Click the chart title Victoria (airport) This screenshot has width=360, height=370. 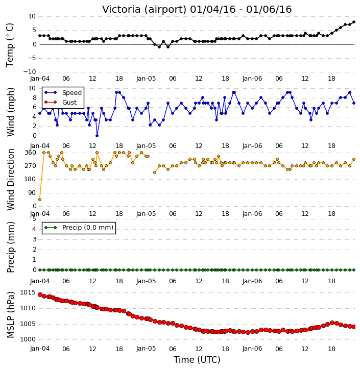coord(144,10)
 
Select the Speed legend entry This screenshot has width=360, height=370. coord(63,93)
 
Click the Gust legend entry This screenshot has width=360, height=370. coord(61,103)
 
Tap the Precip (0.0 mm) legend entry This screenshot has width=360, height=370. coord(79,228)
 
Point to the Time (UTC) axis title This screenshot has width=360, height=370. coord(197,360)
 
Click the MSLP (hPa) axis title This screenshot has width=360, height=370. coord(10,315)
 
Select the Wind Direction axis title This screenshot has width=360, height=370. coord(10,180)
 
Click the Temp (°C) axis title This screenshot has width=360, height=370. coord(10,45)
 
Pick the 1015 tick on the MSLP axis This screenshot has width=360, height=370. coord(28,293)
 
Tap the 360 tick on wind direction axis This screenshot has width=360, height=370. coord(31,153)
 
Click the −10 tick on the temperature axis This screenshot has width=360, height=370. coord(30,72)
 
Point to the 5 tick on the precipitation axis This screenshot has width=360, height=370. coord(34,219)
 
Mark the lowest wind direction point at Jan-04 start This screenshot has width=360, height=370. coord(40,200)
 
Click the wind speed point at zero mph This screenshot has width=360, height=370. coord(97,136)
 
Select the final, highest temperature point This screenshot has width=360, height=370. coord(354,22)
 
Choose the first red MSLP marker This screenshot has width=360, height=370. coord(40,295)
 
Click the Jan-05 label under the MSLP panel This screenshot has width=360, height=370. coord(146,349)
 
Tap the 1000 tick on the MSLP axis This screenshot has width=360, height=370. coord(28,339)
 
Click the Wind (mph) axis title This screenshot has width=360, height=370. coord(11,112)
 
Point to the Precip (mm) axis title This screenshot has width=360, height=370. coord(10,247)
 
